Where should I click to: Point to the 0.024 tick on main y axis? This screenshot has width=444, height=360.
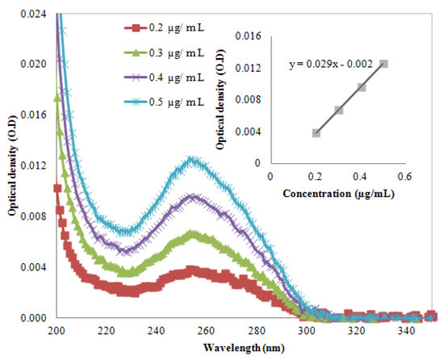coord(36,13)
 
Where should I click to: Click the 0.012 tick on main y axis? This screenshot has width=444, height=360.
coord(36,165)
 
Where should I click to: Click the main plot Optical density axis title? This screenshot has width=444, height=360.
coord(11,165)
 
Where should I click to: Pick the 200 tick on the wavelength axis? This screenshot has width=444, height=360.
coord(56,331)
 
